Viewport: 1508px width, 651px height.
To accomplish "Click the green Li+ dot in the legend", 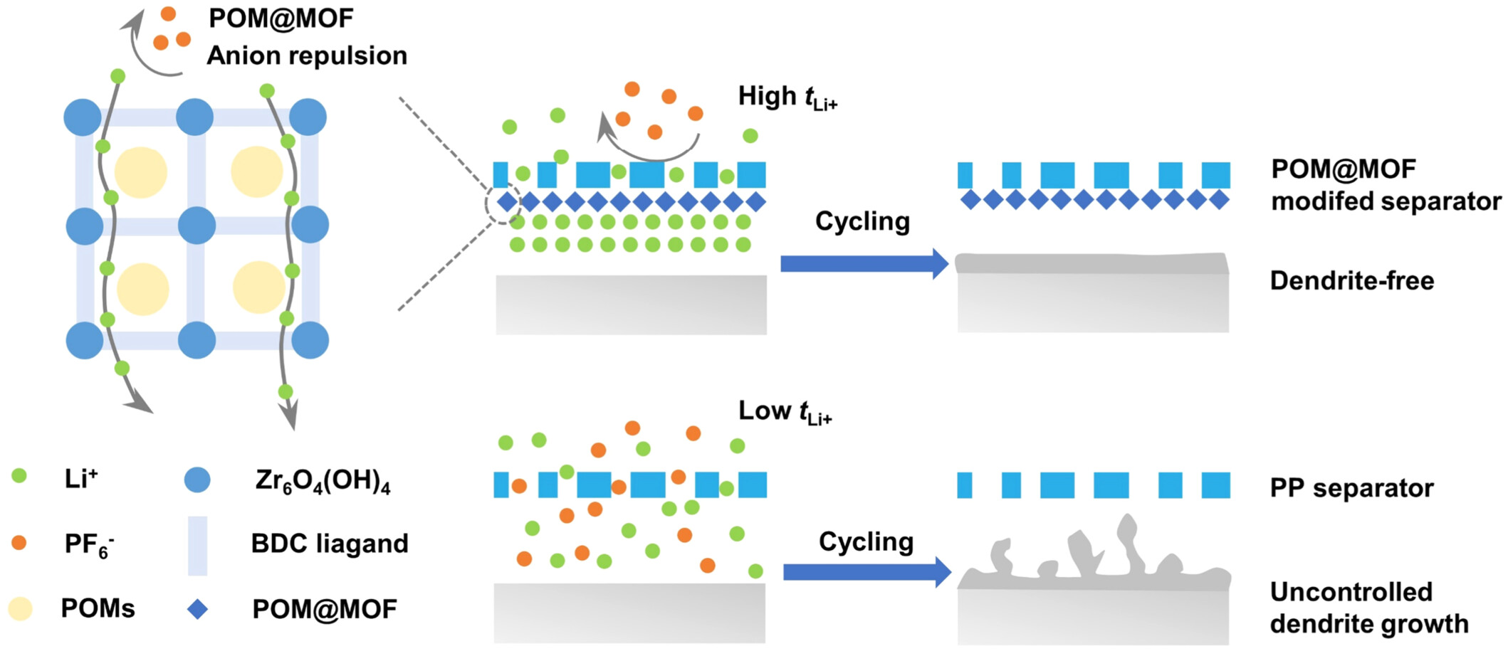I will click(19, 476).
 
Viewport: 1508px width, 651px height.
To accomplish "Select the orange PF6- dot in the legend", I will click(19, 543).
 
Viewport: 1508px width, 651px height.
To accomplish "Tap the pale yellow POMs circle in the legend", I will click(21, 609).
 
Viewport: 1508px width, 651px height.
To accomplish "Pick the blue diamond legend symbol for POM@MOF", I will click(197, 609).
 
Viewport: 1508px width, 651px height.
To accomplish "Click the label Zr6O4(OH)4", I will click(323, 482).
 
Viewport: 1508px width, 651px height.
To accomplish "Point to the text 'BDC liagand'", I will click(330, 544).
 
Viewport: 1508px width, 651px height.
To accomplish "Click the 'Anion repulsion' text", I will click(307, 55).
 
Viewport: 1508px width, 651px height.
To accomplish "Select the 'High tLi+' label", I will click(787, 97).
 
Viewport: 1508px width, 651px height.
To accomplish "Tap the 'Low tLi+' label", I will click(785, 411).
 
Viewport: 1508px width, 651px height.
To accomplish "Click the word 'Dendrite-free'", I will click(1352, 281).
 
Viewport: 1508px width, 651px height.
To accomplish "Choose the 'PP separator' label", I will click(1351, 488).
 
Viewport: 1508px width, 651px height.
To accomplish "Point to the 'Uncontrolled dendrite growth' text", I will click(1368, 608).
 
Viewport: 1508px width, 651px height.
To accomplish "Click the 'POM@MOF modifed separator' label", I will click(1386, 185).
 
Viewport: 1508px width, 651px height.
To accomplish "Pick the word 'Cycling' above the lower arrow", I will click(866, 542).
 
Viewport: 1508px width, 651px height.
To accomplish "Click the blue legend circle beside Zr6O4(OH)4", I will click(197, 480).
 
